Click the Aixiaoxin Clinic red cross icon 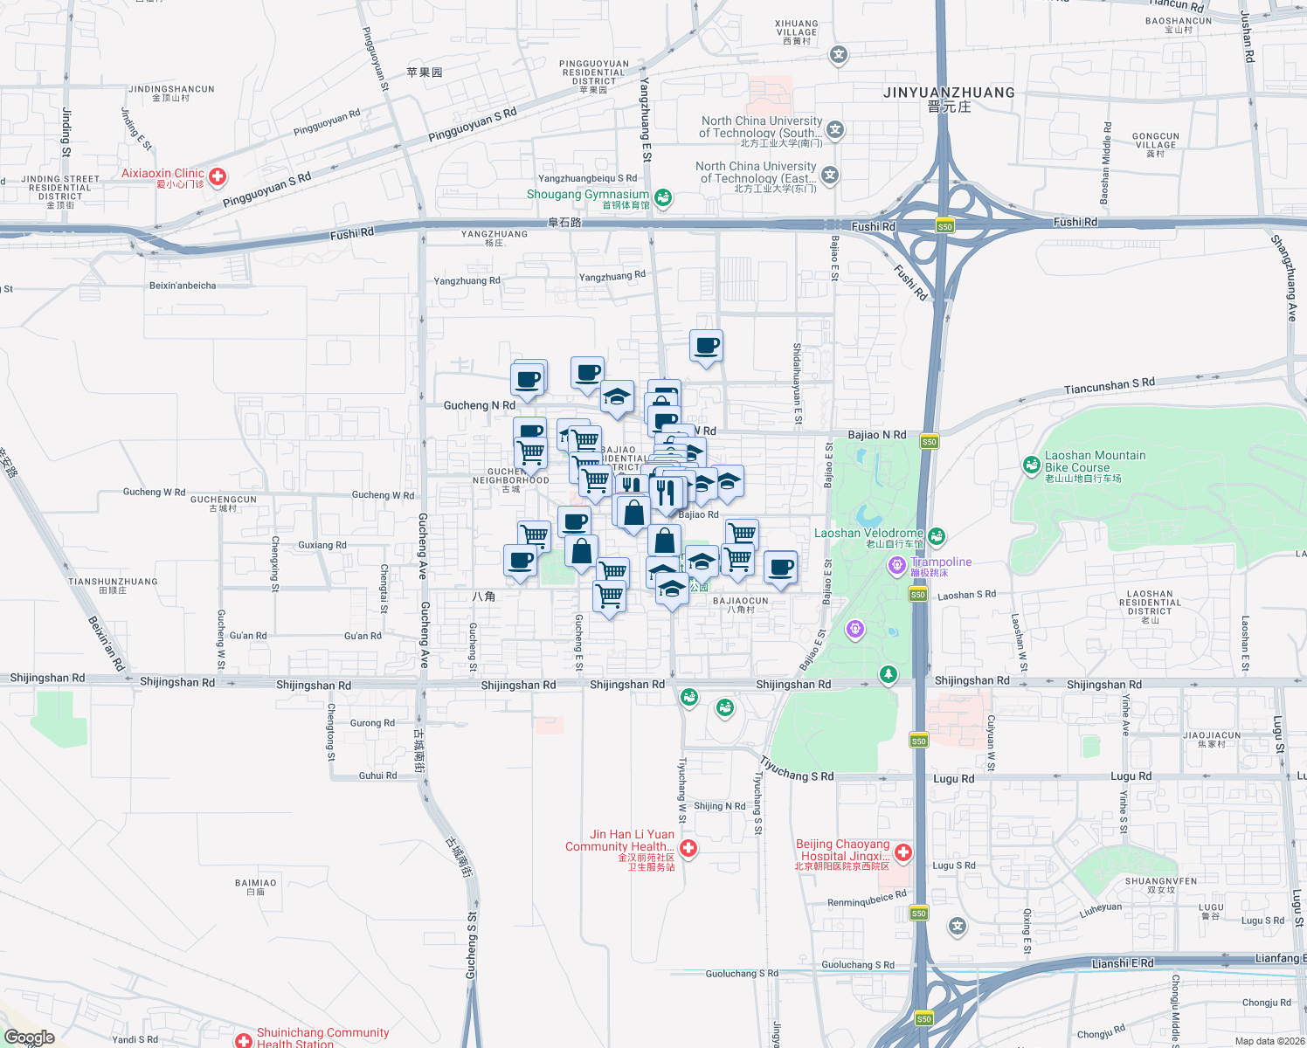pyautogui.click(x=218, y=177)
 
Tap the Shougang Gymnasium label pyautogui.click(x=587, y=195)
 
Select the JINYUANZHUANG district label pyautogui.click(x=949, y=93)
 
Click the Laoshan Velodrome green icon pyautogui.click(x=937, y=535)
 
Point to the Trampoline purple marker pyautogui.click(x=896, y=566)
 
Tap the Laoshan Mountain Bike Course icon pyautogui.click(x=1032, y=465)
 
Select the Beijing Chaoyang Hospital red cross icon pyautogui.click(x=903, y=851)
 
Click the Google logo pyautogui.click(x=29, y=1038)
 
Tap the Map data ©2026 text pyautogui.click(x=1269, y=1041)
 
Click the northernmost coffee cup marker pyautogui.click(x=706, y=346)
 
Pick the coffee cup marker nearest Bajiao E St pyautogui.click(x=780, y=567)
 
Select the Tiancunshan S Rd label pyautogui.click(x=1109, y=385)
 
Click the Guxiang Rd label pyautogui.click(x=322, y=545)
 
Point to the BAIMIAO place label pyautogui.click(x=255, y=883)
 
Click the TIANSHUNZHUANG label pyautogui.click(x=113, y=582)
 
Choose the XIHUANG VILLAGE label pyautogui.click(x=797, y=28)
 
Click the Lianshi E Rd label pyautogui.click(x=1122, y=963)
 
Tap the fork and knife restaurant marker pyautogui.click(x=667, y=493)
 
